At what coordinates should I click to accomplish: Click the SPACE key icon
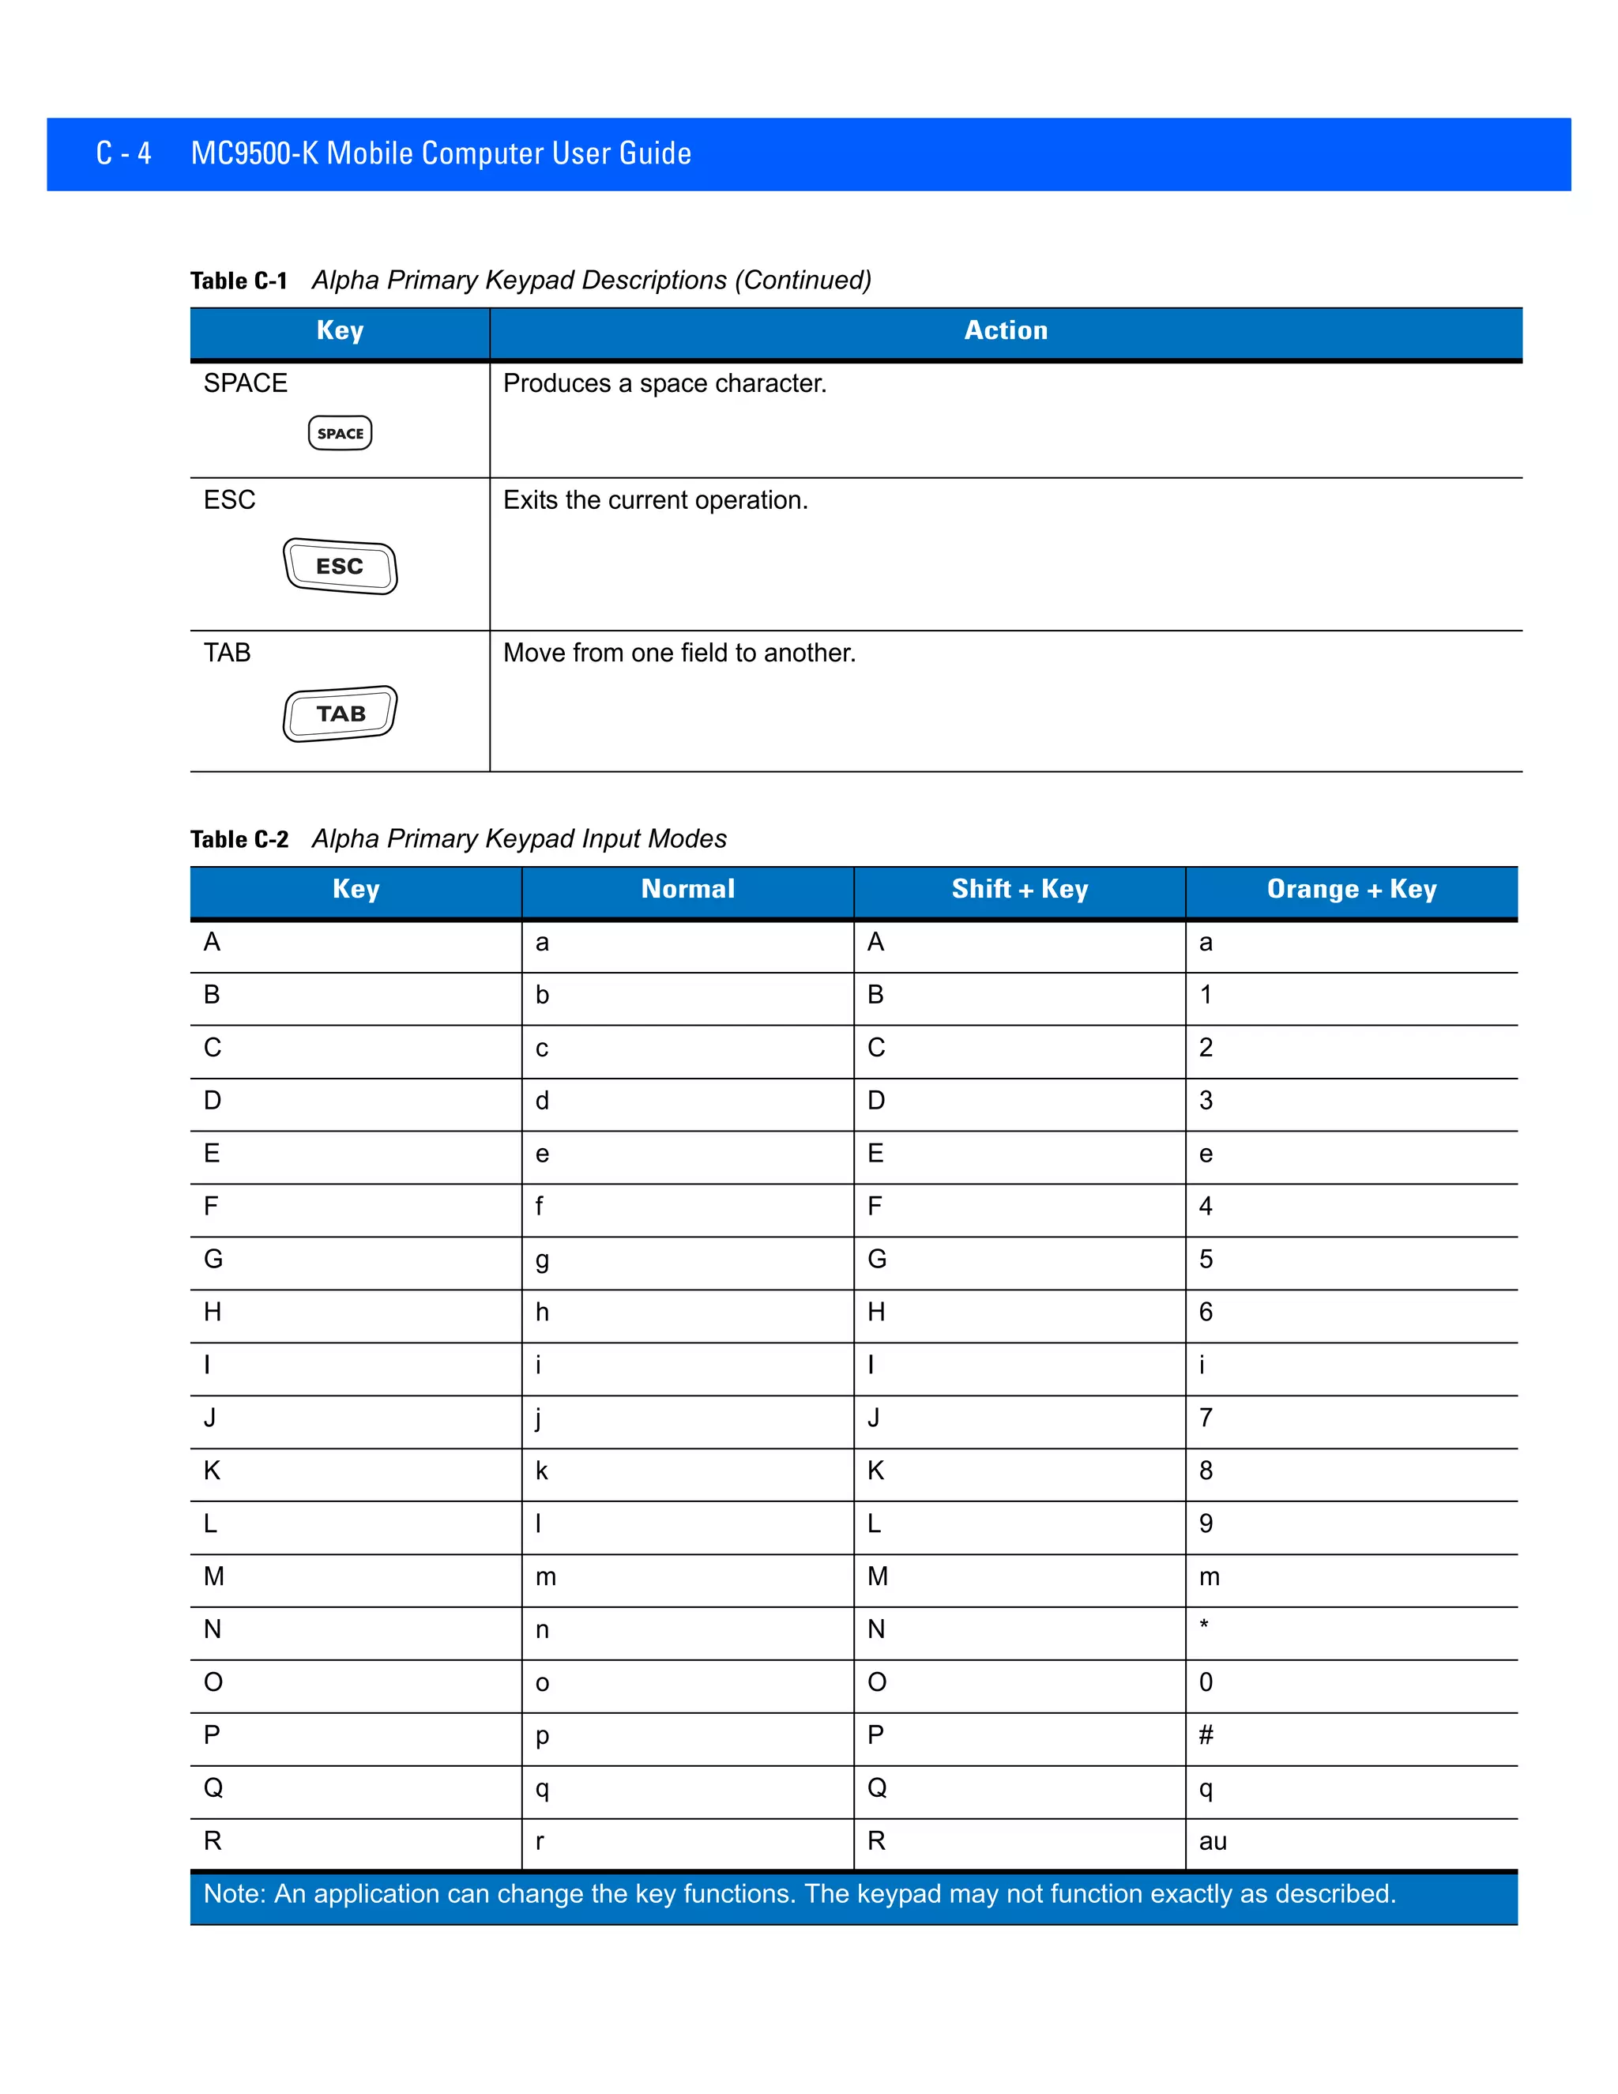pos(341,432)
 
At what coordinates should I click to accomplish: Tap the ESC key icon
pos(341,567)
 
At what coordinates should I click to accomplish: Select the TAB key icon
pos(341,714)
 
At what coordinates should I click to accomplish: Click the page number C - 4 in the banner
pos(124,153)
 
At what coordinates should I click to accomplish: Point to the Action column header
pos(1006,331)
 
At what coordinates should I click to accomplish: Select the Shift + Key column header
pos(1019,889)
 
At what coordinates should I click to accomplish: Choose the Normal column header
pos(687,889)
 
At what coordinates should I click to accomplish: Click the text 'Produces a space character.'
pos(664,383)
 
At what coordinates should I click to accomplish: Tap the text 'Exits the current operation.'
pos(656,500)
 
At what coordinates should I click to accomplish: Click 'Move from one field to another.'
pos(679,653)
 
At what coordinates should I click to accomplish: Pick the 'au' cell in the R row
pos(1213,1841)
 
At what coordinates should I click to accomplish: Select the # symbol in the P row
pos(1206,1734)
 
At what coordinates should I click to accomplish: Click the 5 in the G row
pos(1206,1259)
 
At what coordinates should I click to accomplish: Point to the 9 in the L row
pos(1206,1523)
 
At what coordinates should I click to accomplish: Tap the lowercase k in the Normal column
pos(541,1471)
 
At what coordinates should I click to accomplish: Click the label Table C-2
pos(239,840)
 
